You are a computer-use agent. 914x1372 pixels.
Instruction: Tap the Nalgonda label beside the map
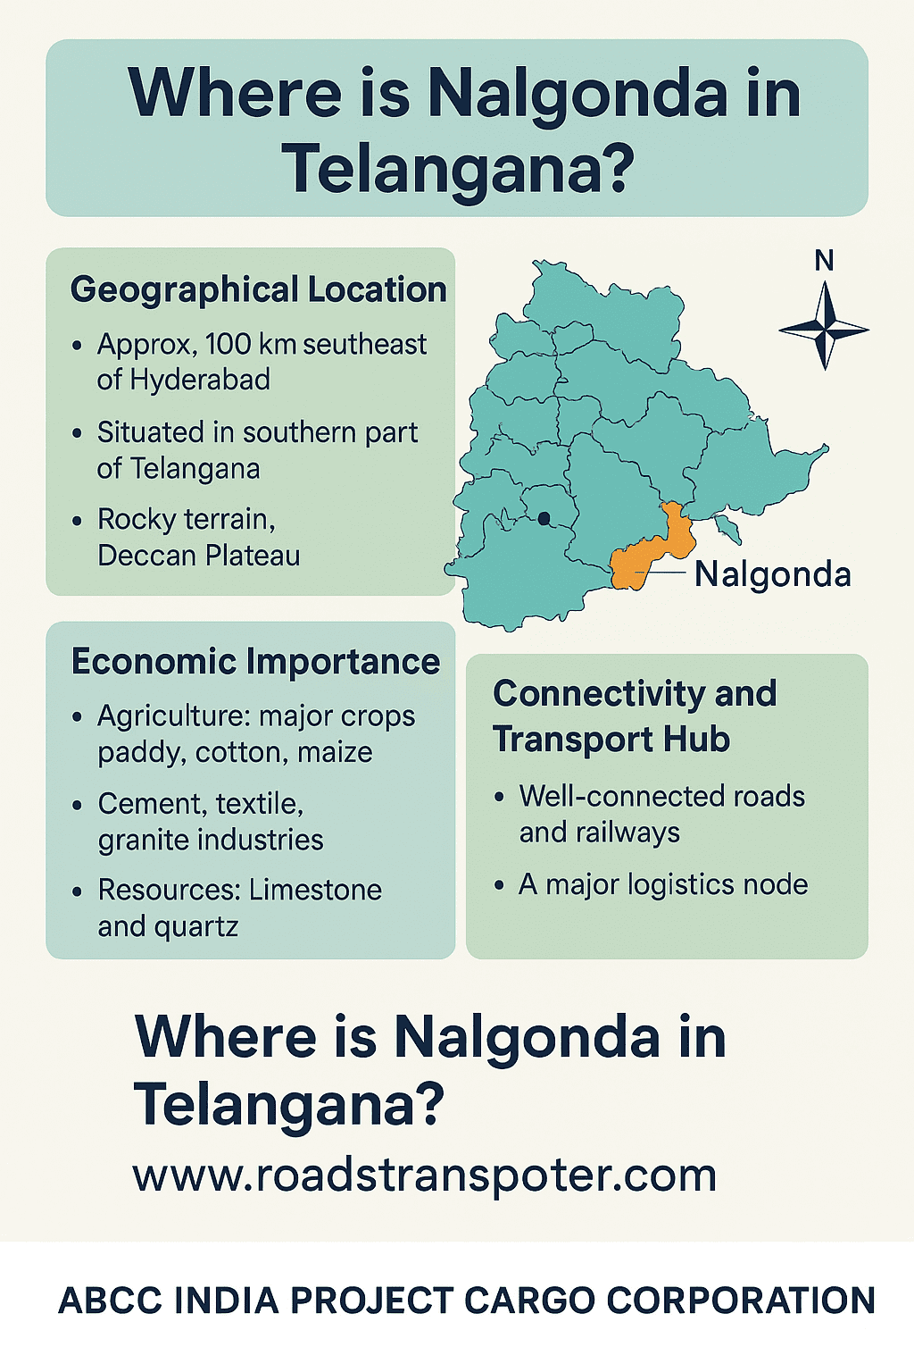pyautogui.click(x=772, y=573)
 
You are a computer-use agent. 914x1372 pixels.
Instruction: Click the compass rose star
pyautogui.click(x=824, y=328)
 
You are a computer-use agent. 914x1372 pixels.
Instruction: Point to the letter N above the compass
pyautogui.click(x=824, y=261)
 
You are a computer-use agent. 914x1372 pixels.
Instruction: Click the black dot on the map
pyautogui.click(x=544, y=517)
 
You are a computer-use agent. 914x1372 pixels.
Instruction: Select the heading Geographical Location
pyautogui.click(x=258, y=289)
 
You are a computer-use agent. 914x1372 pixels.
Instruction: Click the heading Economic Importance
pyautogui.click(x=255, y=662)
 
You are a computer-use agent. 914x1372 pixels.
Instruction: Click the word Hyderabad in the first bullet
pyautogui.click(x=199, y=380)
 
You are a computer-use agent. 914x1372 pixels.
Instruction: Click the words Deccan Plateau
pyautogui.click(x=198, y=556)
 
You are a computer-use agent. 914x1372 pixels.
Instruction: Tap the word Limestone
pyautogui.click(x=315, y=890)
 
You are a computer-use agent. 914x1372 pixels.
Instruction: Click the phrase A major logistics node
pyautogui.click(x=663, y=884)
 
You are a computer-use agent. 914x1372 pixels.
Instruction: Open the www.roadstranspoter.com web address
pyautogui.click(x=424, y=1175)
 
